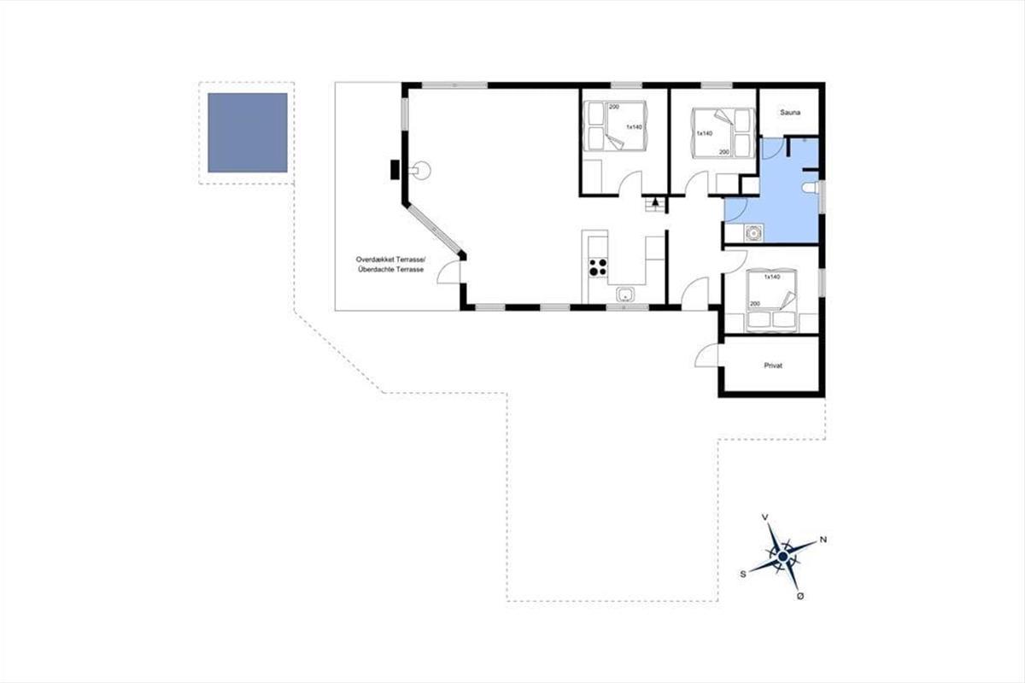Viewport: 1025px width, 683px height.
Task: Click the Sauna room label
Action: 790,112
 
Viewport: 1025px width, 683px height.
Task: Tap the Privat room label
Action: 773,365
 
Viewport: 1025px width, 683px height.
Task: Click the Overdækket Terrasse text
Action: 391,260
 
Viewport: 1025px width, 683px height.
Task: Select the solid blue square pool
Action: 248,132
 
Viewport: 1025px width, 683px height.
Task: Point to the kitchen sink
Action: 625,295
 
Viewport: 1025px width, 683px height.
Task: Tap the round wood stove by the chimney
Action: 420,171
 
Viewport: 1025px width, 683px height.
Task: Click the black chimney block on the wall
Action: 395,170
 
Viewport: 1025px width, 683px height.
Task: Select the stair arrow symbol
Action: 656,201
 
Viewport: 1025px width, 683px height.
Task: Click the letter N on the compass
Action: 823,540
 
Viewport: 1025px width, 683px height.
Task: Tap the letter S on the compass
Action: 743,574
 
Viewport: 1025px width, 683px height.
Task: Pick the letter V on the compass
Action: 764,517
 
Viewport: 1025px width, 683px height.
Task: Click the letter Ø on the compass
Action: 800,596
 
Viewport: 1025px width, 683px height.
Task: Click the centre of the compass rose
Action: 783,557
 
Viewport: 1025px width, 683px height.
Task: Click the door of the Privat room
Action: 706,355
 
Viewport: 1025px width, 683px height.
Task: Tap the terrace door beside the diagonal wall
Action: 449,273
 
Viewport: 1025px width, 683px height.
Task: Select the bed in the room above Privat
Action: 772,301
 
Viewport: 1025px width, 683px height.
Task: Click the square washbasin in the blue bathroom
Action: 753,233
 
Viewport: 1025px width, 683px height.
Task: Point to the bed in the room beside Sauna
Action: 723,133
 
